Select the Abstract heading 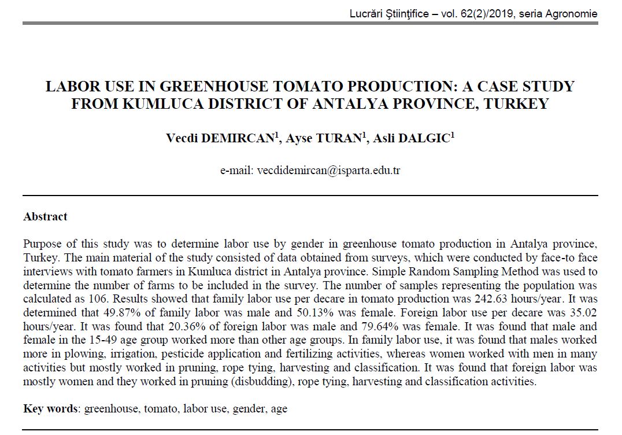(45, 217)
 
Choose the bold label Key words (50, 409)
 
